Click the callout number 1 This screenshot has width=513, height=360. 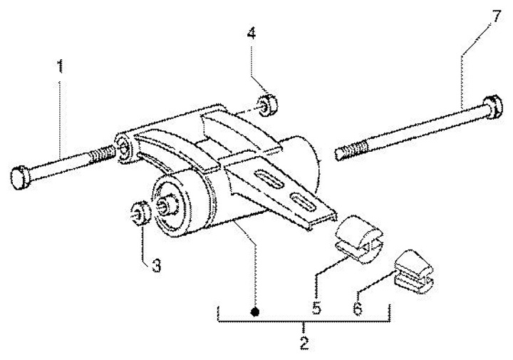pos(60,67)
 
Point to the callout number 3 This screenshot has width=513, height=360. pos(156,266)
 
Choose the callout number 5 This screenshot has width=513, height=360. pos(316,308)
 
